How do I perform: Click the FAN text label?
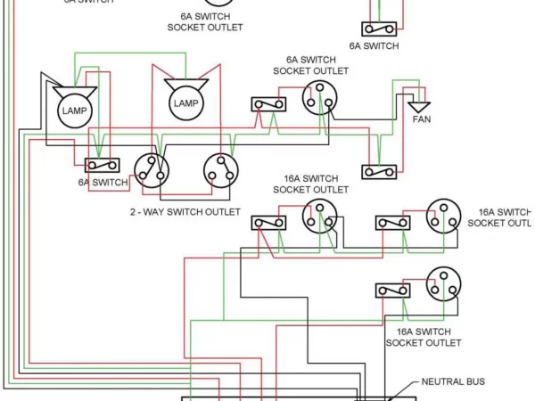421,119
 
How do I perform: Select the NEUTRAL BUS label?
452,381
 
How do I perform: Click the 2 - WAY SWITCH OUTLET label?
185,212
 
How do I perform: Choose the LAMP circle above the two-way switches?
185,103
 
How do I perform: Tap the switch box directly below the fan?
378,171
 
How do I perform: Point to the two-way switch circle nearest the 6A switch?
151,168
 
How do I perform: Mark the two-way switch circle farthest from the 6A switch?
218,168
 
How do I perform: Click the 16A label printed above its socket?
310,184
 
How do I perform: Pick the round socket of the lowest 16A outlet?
442,283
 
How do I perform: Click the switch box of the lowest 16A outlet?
392,291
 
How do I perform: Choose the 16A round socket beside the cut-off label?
442,215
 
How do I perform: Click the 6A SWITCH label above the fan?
374,45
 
